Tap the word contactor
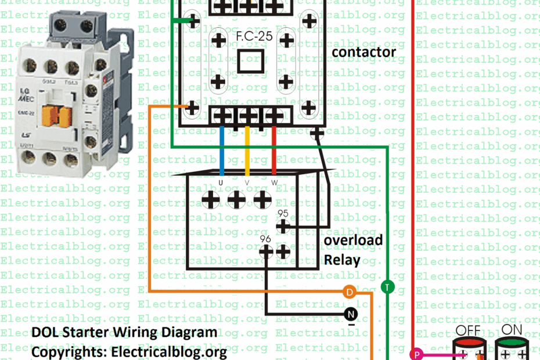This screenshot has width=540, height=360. [363, 52]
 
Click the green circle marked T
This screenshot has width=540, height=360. [387, 287]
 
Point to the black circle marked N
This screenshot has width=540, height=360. [350, 315]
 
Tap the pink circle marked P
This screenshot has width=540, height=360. [416, 353]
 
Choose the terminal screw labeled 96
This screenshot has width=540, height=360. [266, 251]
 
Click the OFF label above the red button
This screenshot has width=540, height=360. [468, 330]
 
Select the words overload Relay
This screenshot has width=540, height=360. [353, 250]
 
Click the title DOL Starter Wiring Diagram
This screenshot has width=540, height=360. [124, 333]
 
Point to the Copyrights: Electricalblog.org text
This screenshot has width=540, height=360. [129, 351]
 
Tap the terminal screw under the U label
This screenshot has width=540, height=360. [210, 200]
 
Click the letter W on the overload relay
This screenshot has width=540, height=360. [274, 183]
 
